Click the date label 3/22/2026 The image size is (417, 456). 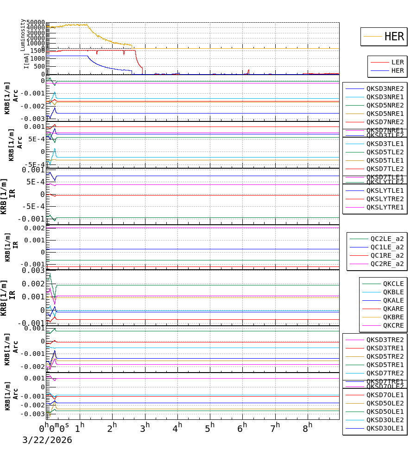[47, 440]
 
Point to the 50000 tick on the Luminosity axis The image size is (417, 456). [36, 23]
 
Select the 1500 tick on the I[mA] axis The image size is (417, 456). [38, 51]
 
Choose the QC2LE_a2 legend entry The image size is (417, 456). [387, 239]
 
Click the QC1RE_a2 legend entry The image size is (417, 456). [387, 256]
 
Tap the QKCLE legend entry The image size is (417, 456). [393, 284]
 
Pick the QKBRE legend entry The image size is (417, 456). [393, 317]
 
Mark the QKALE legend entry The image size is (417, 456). [393, 300]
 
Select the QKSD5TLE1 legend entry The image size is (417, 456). [385, 160]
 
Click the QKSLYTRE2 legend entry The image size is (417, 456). [385, 199]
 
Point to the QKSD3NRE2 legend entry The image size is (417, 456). [385, 89]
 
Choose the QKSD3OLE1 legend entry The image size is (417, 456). [385, 428]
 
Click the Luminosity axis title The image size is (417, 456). [23, 35]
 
